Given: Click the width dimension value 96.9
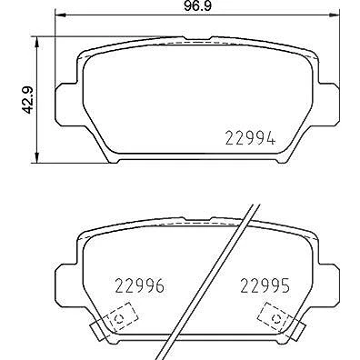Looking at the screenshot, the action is [x=197, y=6].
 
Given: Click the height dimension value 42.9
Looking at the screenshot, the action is [x=28, y=100].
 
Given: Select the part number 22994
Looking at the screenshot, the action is [x=250, y=138].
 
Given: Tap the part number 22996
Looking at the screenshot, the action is [x=140, y=285].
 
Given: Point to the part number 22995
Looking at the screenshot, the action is [x=265, y=285].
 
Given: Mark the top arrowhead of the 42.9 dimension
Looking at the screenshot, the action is [x=36, y=43].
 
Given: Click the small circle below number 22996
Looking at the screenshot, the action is [x=119, y=319].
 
